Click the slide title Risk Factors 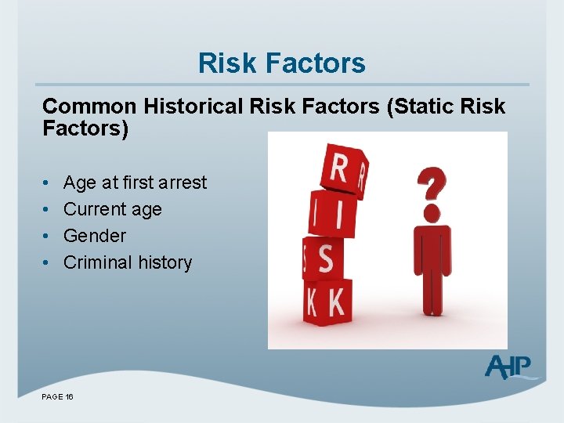281,63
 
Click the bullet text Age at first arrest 135,183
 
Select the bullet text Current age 112,209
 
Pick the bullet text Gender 94,236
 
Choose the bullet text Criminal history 127,262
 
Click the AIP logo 508,367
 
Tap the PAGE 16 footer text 58,398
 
